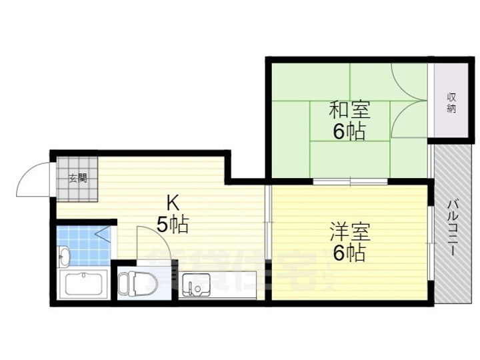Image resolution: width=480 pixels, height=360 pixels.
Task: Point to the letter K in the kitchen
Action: coord(172,201)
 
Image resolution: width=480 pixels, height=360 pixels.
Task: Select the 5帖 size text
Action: coord(172,225)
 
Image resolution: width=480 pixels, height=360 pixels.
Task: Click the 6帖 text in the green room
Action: coord(349,131)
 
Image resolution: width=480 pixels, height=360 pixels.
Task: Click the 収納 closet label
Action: coord(451,103)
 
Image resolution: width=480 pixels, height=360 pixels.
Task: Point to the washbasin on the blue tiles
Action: coord(64,255)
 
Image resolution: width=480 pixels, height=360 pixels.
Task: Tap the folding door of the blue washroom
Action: coord(104,234)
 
